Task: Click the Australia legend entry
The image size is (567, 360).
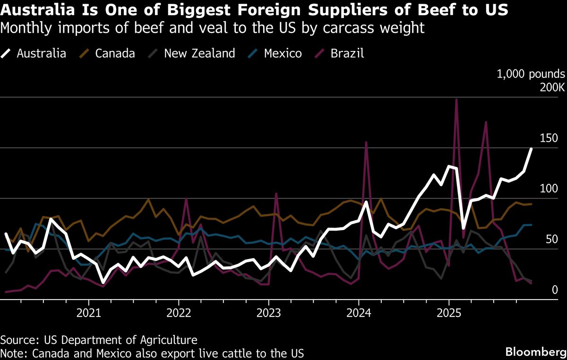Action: (x=41, y=53)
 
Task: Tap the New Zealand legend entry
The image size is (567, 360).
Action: (x=199, y=53)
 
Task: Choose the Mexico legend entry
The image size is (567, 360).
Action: (x=283, y=53)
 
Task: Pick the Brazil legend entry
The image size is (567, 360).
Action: (x=347, y=53)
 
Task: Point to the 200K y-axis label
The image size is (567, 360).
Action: (x=549, y=87)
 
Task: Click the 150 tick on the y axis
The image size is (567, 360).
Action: (x=550, y=138)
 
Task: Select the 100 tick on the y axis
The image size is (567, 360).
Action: (x=550, y=189)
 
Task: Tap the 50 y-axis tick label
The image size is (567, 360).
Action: (x=553, y=239)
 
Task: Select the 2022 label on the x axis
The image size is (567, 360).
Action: (x=179, y=313)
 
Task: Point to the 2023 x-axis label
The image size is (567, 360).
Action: (x=268, y=313)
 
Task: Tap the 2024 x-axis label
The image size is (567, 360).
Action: (x=358, y=313)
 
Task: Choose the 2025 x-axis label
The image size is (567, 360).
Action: (x=448, y=313)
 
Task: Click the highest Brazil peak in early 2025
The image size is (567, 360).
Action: (x=456, y=99)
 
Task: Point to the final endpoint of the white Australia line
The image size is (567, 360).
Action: (x=531, y=149)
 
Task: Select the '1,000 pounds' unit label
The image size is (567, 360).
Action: (x=530, y=74)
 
